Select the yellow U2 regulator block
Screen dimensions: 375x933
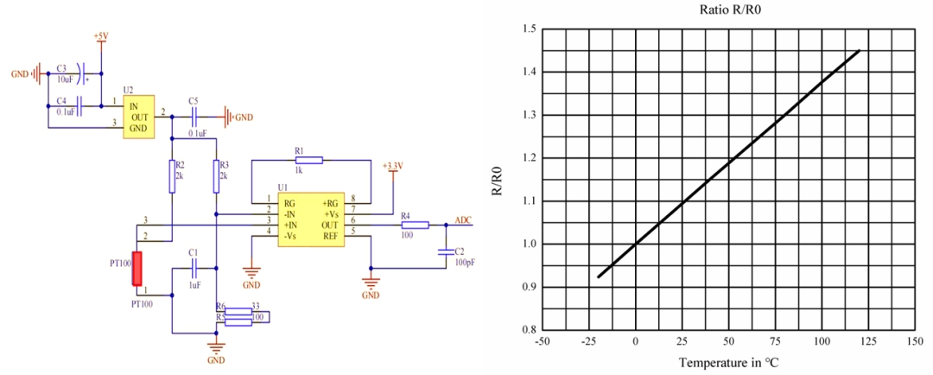(x=137, y=116)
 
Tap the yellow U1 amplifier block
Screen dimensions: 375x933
(x=310, y=219)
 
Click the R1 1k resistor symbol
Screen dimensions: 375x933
(x=309, y=160)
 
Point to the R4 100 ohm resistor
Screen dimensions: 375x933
(x=415, y=225)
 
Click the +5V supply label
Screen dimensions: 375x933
(x=101, y=37)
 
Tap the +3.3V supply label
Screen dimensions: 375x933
(x=393, y=165)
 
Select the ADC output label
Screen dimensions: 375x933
(x=464, y=219)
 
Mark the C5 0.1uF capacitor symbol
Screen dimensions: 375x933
(x=194, y=115)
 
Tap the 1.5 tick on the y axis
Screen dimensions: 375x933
(x=529, y=29)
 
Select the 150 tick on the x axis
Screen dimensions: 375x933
(x=915, y=341)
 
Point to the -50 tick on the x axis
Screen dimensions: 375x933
(x=542, y=341)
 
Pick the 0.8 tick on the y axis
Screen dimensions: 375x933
(x=529, y=329)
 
